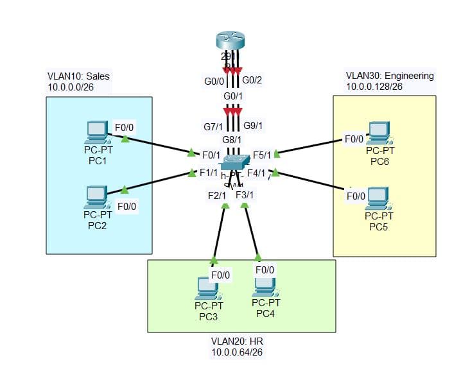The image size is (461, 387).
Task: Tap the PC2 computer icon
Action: tap(96, 196)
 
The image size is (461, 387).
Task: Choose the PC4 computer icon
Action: tap(265, 286)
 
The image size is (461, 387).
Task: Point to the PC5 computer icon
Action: tap(377, 198)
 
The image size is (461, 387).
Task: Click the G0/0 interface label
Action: tap(213, 82)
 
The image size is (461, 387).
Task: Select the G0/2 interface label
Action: tap(252, 80)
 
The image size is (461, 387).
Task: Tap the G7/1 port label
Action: tap(213, 127)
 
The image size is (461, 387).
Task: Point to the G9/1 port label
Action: tap(253, 125)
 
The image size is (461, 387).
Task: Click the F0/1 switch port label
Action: tap(211, 155)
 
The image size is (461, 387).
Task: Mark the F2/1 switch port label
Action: tap(217, 195)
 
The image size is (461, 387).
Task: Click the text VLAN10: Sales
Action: tap(78, 76)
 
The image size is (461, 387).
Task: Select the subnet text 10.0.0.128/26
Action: tap(374, 86)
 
